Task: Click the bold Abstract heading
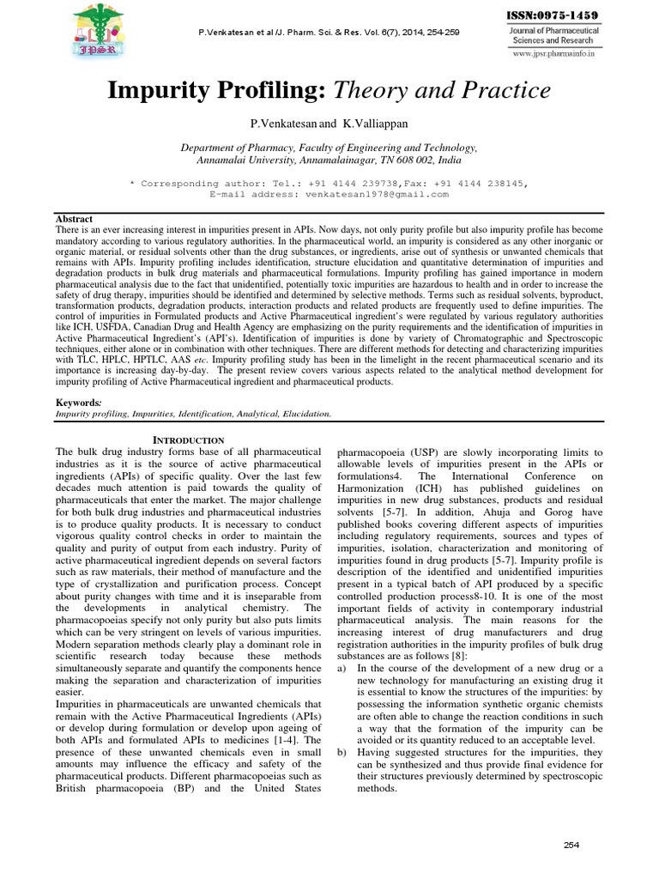click(73, 219)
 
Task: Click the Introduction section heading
click(188, 439)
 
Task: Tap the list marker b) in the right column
click(342, 752)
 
